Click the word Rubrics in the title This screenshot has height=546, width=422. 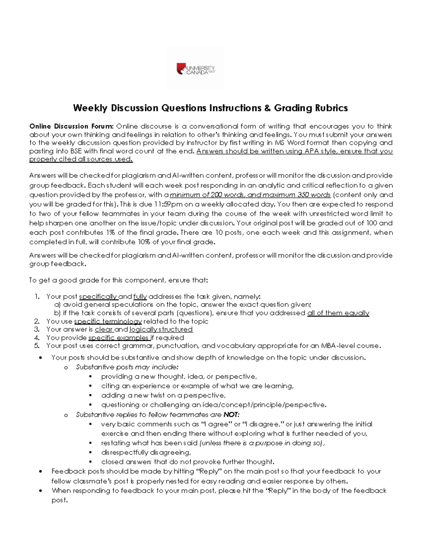(x=330, y=108)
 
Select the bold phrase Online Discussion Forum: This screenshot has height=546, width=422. (x=71, y=126)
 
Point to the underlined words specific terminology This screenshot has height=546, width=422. (x=108, y=321)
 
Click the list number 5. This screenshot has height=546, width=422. (x=37, y=346)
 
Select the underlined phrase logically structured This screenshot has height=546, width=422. (x=161, y=329)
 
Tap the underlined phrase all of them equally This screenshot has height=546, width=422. (x=338, y=313)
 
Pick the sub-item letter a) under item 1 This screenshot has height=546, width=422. (x=57, y=305)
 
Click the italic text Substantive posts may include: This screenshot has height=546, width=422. (x=127, y=367)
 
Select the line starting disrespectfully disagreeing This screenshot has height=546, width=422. (x=146, y=452)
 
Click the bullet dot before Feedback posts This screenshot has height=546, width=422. (x=42, y=471)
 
